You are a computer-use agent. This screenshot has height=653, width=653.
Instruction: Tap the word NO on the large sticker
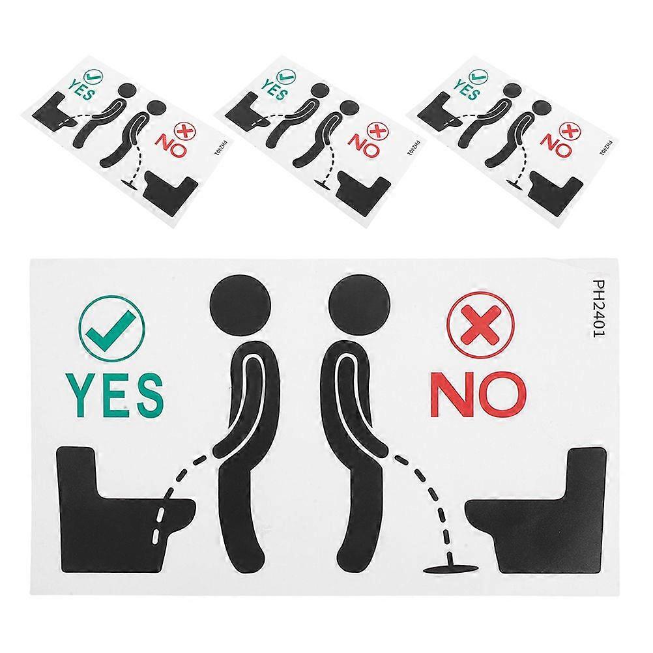[478, 394]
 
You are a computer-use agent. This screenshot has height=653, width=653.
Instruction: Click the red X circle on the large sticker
[480, 325]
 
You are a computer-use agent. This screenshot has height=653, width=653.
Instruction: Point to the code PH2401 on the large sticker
[598, 309]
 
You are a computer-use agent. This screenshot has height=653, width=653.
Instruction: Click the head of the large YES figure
[240, 306]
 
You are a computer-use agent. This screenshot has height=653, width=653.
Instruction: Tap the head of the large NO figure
[359, 306]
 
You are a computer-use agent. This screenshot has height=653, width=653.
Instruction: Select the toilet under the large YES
[121, 510]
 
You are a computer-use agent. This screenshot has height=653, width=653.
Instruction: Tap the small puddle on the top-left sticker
[130, 183]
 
